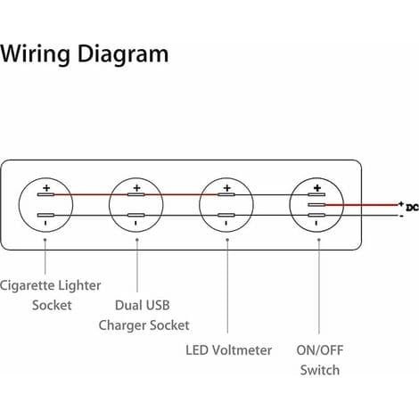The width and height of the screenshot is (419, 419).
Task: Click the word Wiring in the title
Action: [35, 53]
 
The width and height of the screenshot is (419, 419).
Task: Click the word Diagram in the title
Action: [123, 53]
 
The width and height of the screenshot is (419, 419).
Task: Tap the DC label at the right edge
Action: [413, 208]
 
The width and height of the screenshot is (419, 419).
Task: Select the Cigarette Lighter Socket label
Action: [51, 295]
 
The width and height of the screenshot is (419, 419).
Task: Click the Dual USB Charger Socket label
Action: [144, 316]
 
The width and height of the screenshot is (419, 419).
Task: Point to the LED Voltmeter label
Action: [228, 350]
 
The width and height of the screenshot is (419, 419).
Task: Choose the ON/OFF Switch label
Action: [320, 360]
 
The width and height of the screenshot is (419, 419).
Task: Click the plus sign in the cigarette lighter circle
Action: [46, 188]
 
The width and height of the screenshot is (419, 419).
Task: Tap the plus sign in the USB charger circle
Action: [136, 188]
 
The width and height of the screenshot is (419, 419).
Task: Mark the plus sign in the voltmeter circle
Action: [227, 188]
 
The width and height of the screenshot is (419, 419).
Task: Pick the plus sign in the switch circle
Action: [317, 188]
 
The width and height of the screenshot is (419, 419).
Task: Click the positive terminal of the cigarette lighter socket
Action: [45, 194]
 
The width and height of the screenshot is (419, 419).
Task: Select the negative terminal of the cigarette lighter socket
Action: [45, 215]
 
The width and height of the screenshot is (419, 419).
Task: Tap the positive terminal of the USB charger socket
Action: [136, 194]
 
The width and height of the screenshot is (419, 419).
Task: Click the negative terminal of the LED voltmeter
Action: [226, 215]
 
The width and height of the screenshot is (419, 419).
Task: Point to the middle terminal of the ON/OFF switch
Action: [316, 205]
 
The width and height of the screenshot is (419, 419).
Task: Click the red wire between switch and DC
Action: [362, 205]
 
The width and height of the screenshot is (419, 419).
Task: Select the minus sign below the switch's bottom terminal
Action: [316, 223]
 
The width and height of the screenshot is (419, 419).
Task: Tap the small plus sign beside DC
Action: [401, 204]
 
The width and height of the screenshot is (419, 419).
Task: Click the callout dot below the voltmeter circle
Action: [227, 239]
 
